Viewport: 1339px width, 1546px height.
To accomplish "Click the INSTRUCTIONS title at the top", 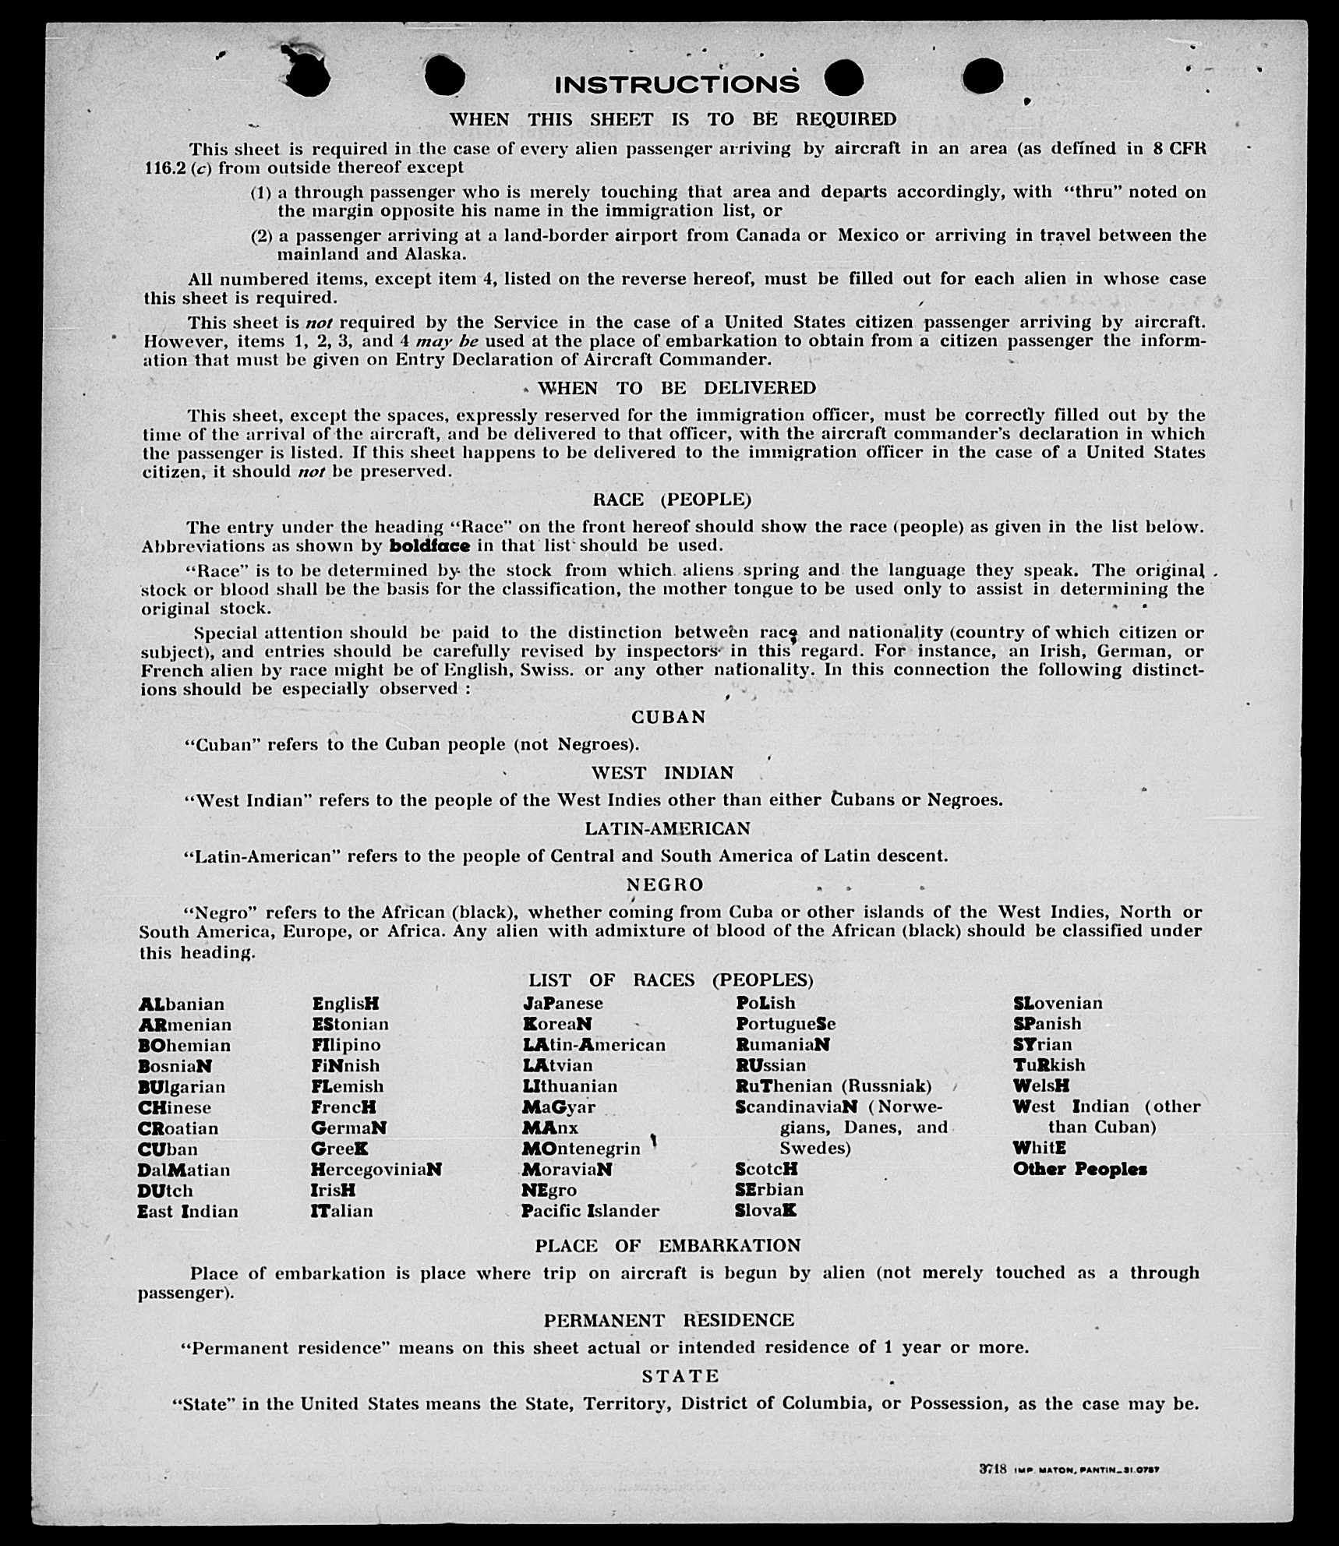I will (x=677, y=84).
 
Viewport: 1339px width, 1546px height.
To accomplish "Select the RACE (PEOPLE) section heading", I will (x=672, y=499).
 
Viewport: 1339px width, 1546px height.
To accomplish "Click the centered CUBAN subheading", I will (x=669, y=717).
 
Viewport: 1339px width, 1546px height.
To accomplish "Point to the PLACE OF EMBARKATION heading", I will (x=668, y=1245).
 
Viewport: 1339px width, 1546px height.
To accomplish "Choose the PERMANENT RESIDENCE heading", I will (x=669, y=1320).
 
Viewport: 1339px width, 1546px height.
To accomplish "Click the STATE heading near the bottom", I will (x=680, y=1376).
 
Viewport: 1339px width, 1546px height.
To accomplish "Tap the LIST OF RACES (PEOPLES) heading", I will (x=671, y=979).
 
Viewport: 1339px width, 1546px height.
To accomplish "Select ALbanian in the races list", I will (x=182, y=1004).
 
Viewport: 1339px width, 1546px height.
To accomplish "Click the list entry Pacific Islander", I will (x=591, y=1211).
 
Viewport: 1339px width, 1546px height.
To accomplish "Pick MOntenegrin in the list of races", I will (x=581, y=1149).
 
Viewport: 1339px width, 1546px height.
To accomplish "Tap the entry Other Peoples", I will (x=1079, y=1169).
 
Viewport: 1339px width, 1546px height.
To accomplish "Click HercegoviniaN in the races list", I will (x=376, y=1170).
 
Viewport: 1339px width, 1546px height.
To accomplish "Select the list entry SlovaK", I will (x=765, y=1211).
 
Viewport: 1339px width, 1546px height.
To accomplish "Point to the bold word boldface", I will (x=429, y=545).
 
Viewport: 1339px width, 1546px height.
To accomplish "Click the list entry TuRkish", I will (x=1049, y=1065).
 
